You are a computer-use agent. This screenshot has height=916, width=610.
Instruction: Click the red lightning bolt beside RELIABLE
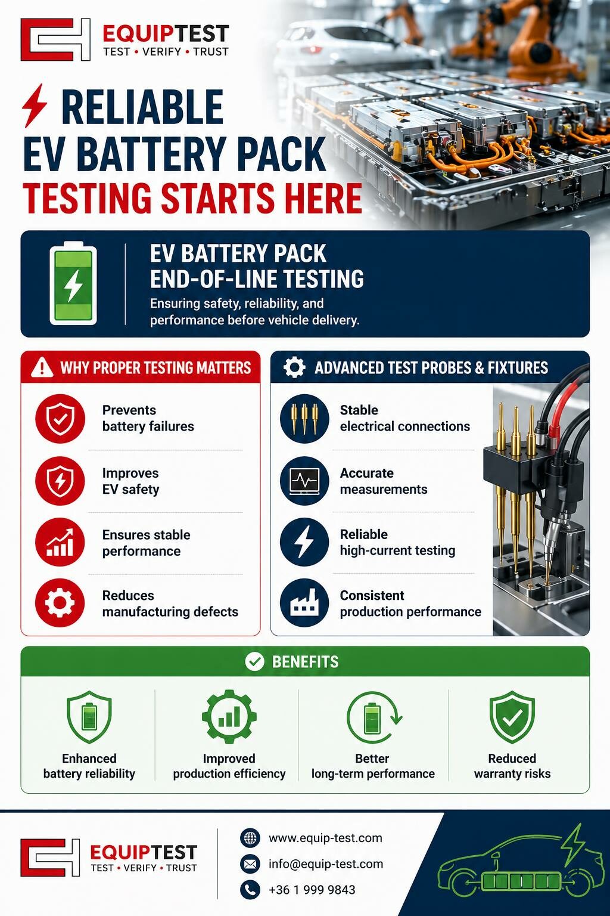click(35, 106)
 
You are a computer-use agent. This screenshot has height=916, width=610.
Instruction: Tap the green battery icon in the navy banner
click(73, 283)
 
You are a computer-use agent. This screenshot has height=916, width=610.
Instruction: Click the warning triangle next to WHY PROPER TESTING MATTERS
click(42, 367)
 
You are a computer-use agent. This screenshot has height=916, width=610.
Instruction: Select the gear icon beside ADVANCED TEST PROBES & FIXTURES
click(294, 367)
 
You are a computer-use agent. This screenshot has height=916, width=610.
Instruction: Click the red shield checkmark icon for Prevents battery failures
click(60, 419)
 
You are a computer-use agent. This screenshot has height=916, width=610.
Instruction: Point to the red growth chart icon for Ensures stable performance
click(60, 542)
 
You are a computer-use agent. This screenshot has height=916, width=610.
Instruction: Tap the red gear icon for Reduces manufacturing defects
click(60, 603)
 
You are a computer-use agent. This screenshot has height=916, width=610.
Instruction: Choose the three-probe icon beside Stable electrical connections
click(304, 419)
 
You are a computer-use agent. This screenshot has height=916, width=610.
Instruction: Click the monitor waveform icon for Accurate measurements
click(304, 481)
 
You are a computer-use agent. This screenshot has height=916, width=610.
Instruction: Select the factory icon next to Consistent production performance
click(304, 603)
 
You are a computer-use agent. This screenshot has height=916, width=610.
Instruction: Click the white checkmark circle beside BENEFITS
click(254, 661)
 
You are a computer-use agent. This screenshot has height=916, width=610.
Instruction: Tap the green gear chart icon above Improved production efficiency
click(229, 716)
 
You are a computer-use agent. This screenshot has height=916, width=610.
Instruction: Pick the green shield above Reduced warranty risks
click(512, 716)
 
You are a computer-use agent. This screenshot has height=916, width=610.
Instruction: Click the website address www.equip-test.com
click(325, 838)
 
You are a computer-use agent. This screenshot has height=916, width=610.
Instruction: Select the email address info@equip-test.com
click(326, 864)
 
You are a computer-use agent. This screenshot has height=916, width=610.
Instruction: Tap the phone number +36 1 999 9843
click(312, 889)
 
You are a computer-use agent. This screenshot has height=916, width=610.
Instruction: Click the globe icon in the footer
click(250, 838)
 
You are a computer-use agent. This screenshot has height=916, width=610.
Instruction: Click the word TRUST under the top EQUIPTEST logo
click(211, 52)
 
